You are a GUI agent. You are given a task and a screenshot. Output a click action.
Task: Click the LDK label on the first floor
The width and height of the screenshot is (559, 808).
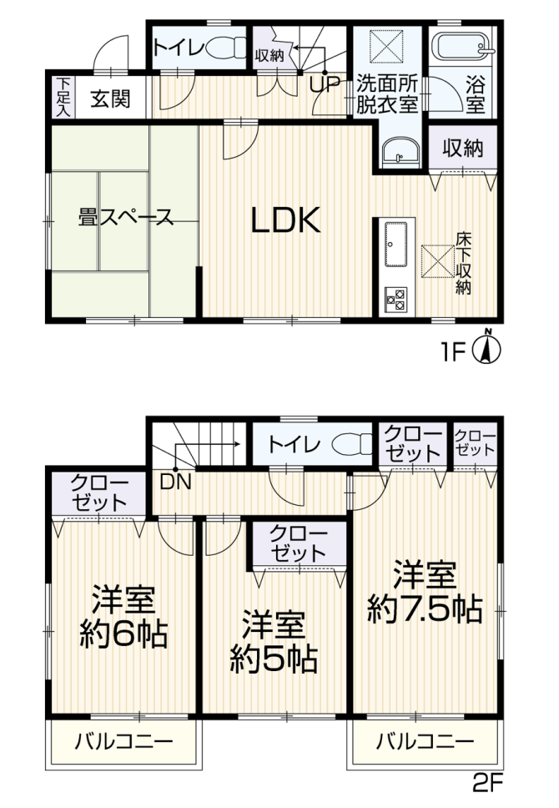pos(286,220)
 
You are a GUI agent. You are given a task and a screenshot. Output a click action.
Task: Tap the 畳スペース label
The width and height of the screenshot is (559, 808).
pos(125,217)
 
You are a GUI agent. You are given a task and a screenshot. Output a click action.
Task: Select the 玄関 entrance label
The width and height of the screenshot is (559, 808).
pos(110,98)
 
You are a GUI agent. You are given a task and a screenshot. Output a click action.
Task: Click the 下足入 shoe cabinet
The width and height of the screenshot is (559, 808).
pos(63,98)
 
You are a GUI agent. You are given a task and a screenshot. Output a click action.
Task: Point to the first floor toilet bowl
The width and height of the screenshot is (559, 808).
pos(227,47)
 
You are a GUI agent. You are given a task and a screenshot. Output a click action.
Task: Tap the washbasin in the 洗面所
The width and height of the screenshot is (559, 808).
pos(401,152)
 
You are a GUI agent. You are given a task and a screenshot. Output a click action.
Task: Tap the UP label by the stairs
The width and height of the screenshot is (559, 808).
pos(325,84)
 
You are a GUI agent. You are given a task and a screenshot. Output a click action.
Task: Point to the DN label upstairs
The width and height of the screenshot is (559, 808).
pos(176,482)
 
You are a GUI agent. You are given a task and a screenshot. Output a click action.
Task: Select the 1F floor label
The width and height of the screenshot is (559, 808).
pos(451,353)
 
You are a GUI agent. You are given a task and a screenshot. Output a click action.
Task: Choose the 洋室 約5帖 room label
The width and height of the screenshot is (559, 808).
pos(274,641)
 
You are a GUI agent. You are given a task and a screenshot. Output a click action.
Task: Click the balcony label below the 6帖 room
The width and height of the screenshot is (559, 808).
pos(124,742)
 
